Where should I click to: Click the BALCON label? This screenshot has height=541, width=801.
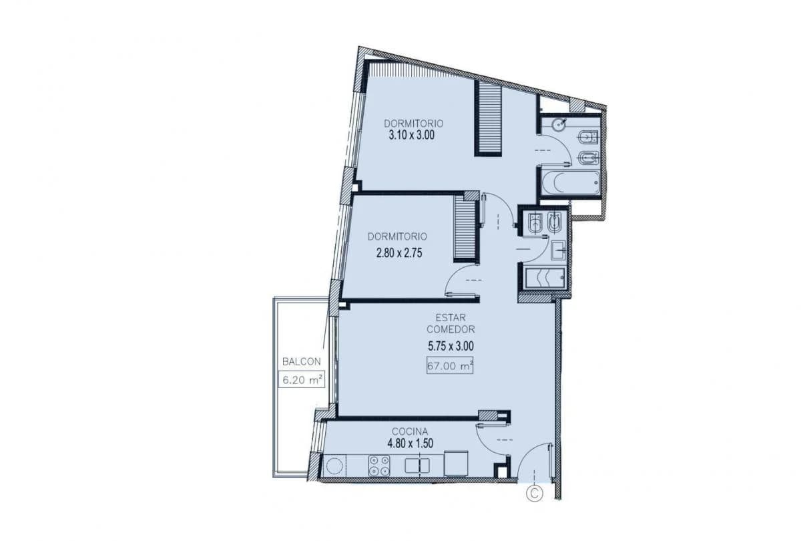302,362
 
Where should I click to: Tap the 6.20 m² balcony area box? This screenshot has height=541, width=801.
302,379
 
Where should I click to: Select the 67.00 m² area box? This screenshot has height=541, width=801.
450,366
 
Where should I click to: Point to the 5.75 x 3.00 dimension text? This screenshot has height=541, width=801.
451,346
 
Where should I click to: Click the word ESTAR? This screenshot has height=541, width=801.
451,317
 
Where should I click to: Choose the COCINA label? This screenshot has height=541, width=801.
410,431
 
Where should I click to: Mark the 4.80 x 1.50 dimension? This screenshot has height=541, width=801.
410,443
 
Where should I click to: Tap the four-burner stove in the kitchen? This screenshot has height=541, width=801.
379,466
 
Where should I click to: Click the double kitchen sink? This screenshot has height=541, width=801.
417,466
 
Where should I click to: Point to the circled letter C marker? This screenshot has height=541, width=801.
535,494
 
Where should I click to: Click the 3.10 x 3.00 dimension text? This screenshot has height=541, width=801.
412,135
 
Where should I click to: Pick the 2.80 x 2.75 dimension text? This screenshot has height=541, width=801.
399,253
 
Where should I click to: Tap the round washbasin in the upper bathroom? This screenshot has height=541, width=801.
558,125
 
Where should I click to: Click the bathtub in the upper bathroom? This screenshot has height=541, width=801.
570,183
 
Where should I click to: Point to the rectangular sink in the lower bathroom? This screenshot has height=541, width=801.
558,250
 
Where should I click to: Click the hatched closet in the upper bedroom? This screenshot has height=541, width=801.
488,118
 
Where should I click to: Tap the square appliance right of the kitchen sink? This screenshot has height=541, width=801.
456,464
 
